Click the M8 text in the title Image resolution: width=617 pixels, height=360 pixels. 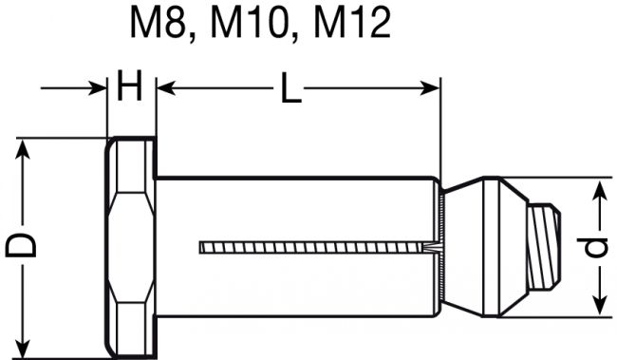coord(158,23)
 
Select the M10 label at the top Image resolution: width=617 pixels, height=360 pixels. coord(249,23)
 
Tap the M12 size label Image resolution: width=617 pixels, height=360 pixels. coord(352,23)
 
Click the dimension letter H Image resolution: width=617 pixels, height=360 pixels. coord(129,85)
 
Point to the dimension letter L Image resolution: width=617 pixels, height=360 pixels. coord(290,87)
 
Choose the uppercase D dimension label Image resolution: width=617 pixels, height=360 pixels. coord(21,245)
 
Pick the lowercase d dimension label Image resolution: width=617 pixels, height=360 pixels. coord(592,247)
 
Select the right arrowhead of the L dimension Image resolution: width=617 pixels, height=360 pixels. coord(430,88)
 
